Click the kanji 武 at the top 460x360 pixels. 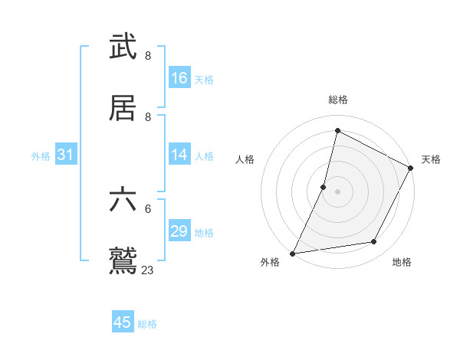coord(123,47)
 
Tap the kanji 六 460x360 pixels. coord(123,200)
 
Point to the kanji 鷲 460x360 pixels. coord(123,261)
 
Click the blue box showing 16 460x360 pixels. coord(179,78)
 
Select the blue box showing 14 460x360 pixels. coord(179,155)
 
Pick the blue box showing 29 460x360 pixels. coord(179,231)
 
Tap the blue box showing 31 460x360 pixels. coord(66,155)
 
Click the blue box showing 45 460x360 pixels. coord(123,322)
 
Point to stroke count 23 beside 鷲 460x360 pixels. coord(147,270)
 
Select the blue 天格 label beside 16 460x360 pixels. coord(204,79)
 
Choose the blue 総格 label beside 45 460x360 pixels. coord(147,324)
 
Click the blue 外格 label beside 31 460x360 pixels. coord(41,155)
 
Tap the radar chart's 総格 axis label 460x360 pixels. coord(338,100)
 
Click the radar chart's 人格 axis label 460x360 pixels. coord(245,159)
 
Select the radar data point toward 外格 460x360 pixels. coord(293,253)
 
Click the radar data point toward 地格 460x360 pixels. coord(374,242)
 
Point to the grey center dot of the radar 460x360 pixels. coord(338,191)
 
